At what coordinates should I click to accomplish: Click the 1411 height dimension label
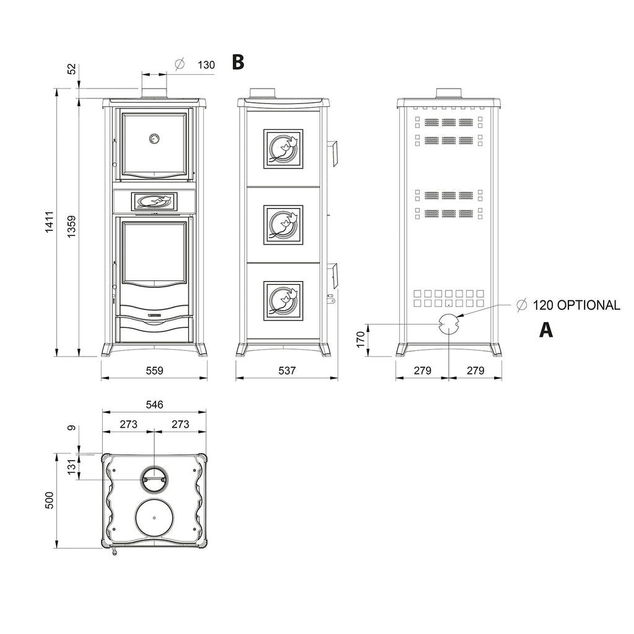tap(50, 222)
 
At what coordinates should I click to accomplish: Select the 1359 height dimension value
tap(72, 227)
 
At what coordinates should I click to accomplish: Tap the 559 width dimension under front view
tap(154, 370)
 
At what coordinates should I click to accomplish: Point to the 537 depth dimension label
tap(287, 370)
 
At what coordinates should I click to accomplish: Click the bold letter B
tap(238, 63)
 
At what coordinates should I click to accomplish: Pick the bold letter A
tap(546, 330)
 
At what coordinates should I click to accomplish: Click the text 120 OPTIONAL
tap(576, 305)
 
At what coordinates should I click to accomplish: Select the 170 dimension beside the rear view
tap(361, 340)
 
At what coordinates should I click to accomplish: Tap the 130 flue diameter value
tap(206, 65)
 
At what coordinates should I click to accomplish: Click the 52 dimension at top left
tap(72, 69)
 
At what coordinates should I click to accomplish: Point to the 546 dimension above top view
tap(154, 405)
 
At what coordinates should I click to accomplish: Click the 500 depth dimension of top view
tap(50, 500)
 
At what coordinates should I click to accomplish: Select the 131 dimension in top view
tap(72, 467)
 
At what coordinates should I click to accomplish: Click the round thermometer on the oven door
tap(154, 139)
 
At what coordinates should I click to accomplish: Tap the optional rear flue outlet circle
tap(449, 324)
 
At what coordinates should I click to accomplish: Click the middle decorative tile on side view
tap(283, 225)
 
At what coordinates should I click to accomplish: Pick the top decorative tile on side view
tap(283, 149)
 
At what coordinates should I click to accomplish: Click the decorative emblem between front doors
tap(154, 201)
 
